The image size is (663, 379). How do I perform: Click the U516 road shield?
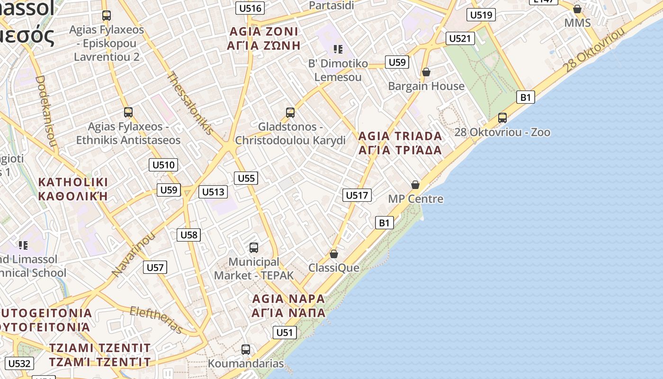point(250,8)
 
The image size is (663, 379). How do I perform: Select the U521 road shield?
point(460,38)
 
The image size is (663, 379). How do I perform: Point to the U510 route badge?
point(163,165)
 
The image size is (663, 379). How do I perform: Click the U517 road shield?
point(357,195)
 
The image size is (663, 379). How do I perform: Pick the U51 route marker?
point(285,332)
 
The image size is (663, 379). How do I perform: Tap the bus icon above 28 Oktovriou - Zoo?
point(502,118)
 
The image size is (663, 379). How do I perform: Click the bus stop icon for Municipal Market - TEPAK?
point(254,247)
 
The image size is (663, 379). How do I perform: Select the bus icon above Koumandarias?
point(246,350)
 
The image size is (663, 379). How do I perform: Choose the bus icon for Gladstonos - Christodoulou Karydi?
point(290,113)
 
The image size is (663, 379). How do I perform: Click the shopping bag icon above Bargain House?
point(426,72)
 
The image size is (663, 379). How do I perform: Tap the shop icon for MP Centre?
point(415,185)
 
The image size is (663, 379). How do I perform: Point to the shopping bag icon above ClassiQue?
point(334,254)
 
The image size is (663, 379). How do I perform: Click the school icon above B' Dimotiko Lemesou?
point(338,49)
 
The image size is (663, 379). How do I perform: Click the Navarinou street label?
point(134,255)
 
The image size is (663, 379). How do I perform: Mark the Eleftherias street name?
point(156,320)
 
